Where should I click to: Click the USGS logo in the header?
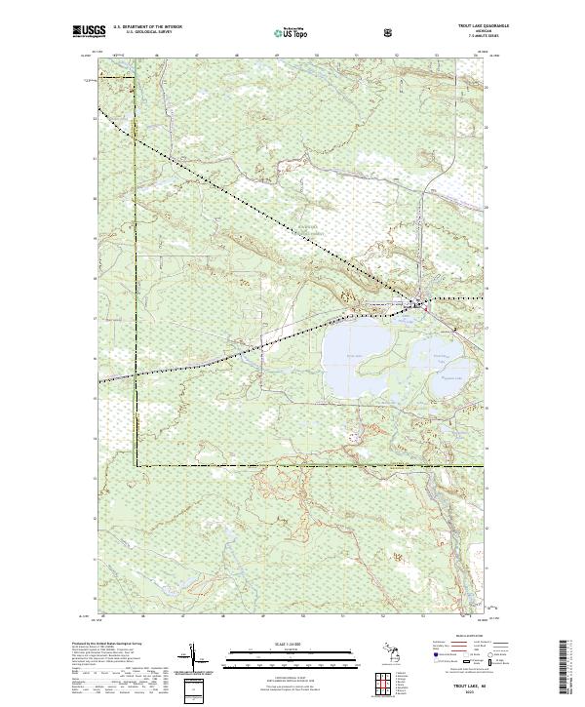89,32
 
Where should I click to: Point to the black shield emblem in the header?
389,33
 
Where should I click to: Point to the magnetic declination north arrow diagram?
200,659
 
